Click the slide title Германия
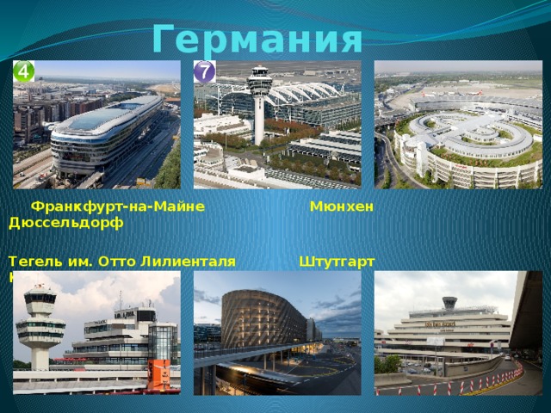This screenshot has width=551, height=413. click(x=257, y=38)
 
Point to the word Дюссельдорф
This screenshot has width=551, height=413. click(x=65, y=223)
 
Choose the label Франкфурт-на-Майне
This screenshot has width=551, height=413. click(x=117, y=207)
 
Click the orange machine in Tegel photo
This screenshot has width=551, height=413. click(x=159, y=372)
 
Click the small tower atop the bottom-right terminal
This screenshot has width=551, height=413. click(x=449, y=303)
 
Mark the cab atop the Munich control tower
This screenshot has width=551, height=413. click(x=259, y=79)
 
